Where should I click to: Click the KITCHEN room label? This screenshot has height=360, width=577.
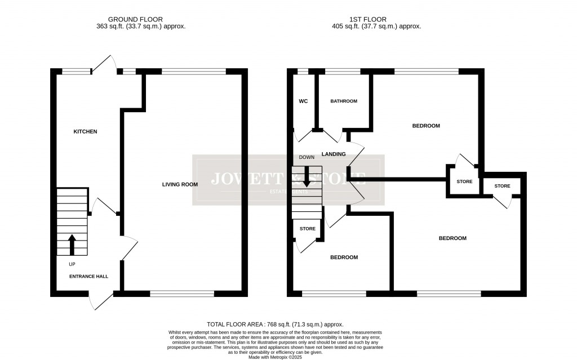86,132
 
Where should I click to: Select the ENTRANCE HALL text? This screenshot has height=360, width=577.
88,277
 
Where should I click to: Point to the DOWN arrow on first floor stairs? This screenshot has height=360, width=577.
307,179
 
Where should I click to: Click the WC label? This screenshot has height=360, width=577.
302,101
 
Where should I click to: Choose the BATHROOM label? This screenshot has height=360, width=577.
344,101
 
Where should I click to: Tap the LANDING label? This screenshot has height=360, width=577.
334,154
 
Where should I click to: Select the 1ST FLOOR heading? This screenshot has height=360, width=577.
376,19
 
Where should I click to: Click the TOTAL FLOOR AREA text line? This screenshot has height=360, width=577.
275,325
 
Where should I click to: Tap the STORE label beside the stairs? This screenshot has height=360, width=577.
308,229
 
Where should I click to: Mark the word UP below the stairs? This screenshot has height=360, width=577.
72,264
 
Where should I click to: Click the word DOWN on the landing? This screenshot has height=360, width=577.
307,158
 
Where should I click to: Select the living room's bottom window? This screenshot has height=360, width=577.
182,294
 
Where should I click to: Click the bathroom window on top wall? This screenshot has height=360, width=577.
343,72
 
